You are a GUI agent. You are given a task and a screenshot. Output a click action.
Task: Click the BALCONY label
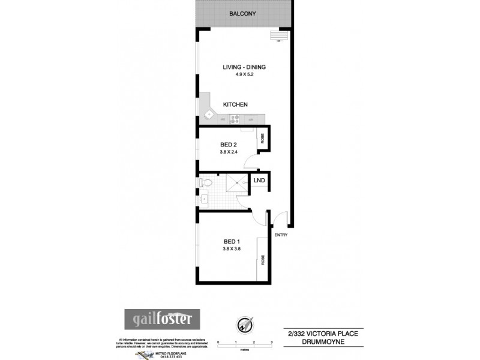[x=243, y=14]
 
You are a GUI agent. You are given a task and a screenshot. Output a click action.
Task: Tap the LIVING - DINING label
[x=244, y=67]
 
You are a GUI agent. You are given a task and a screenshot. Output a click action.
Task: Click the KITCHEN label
[x=236, y=104]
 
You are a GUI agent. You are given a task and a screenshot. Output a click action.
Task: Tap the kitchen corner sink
[x=209, y=114]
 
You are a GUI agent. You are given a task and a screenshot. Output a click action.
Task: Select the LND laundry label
[x=260, y=180]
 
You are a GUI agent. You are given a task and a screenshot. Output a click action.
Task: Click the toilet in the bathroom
[x=206, y=182]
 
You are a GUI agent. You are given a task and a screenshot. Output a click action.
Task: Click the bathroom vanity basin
[x=204, y=197]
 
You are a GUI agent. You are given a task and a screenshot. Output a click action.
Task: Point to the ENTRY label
[x=281, y=235]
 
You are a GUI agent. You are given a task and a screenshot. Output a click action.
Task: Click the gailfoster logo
[x=162, y=317]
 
